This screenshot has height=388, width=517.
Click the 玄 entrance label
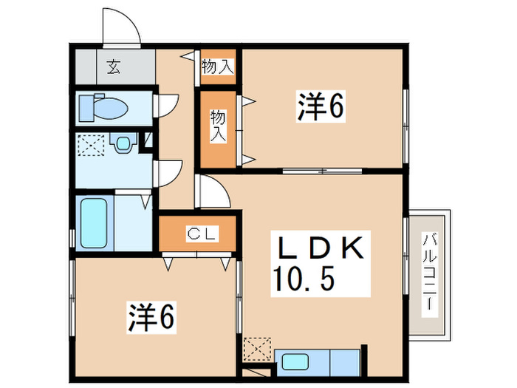(x=113, y=67)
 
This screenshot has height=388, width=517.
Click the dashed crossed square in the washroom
(x=92, y=146)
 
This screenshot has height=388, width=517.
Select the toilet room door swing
(x=167, y=104)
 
